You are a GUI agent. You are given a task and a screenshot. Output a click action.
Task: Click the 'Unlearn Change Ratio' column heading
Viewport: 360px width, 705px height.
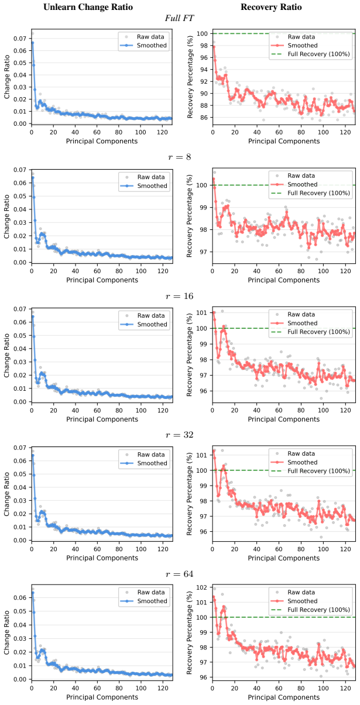88,7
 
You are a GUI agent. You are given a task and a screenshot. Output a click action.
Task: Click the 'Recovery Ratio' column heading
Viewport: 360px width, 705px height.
271,7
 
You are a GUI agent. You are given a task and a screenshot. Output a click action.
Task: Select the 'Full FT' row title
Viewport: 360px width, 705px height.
179,18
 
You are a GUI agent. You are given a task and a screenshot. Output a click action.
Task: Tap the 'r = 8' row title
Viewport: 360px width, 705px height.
179,157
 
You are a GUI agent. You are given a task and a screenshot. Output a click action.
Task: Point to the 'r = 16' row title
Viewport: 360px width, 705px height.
179,296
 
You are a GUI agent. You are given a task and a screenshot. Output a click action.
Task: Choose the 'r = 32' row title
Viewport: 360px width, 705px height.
179,435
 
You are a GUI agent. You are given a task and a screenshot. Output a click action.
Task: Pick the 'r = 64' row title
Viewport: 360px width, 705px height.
179,574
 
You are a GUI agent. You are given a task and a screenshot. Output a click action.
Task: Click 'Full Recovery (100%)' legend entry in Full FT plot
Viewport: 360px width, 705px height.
318,54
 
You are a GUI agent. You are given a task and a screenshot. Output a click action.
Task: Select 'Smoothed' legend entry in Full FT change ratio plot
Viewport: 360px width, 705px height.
152,45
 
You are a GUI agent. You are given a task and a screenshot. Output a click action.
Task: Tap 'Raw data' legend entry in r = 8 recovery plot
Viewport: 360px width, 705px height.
301,176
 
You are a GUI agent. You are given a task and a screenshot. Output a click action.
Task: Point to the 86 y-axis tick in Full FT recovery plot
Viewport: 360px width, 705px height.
204,118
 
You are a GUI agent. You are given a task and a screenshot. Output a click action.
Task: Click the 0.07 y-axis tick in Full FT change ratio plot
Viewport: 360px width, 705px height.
20,39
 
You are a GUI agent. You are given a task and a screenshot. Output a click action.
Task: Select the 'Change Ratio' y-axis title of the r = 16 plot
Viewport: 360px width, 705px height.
6,355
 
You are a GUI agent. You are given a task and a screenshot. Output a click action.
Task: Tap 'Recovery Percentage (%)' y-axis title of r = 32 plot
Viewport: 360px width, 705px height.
189,494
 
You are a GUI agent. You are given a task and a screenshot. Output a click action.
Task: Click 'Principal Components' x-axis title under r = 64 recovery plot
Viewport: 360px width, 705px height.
283,697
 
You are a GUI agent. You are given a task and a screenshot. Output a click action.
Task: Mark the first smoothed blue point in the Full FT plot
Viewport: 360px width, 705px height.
32,43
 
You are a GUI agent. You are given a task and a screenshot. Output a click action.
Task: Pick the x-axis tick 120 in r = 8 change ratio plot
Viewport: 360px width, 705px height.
163,271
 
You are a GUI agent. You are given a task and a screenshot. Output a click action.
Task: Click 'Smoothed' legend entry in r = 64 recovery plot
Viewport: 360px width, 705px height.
302,601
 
